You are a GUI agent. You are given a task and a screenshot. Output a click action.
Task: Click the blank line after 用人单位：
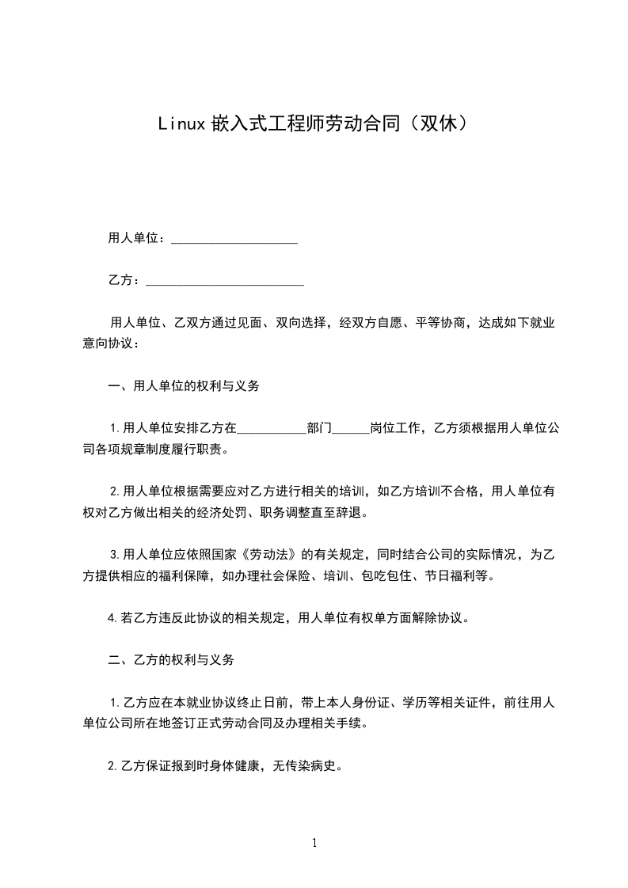tap(234, 241)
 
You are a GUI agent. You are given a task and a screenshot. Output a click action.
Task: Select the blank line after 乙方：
tap(225, 283)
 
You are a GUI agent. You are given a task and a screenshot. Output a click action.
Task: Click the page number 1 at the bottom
tap(314, 843)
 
